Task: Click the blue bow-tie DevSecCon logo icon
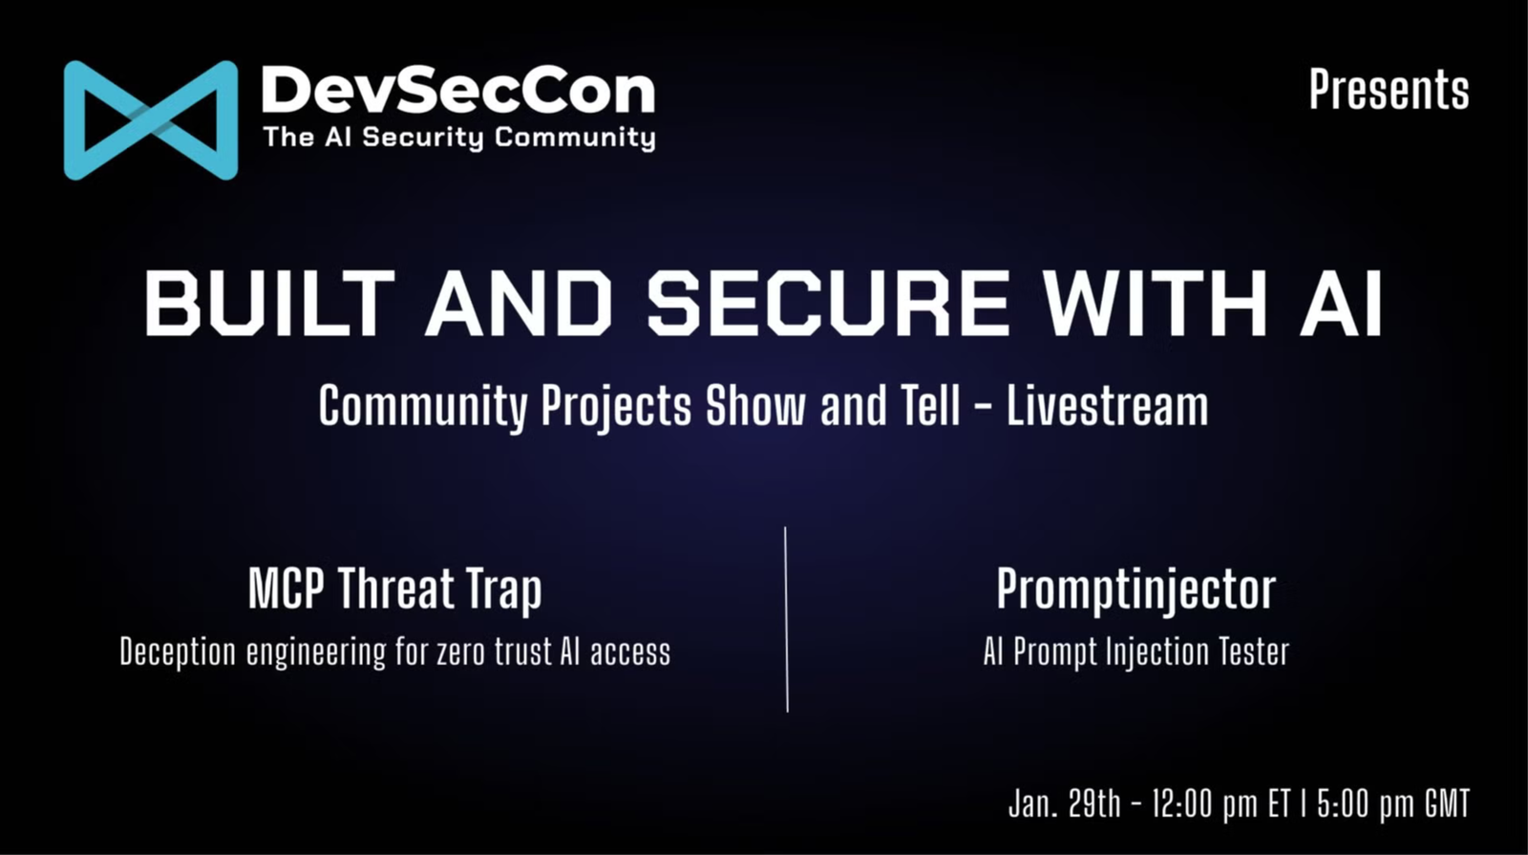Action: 150,120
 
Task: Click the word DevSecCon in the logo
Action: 458,91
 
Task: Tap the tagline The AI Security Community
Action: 458,138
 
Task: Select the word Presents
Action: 1389,90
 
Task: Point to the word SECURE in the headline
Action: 828,303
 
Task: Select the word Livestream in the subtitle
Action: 1107,406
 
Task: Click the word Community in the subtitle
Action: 422,406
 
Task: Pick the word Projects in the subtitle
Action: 616,406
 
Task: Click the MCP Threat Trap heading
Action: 394,588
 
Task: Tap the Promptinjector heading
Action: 1135,588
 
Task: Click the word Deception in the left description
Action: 178,652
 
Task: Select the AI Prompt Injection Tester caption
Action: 1135,652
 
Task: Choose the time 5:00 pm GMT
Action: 1391,803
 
